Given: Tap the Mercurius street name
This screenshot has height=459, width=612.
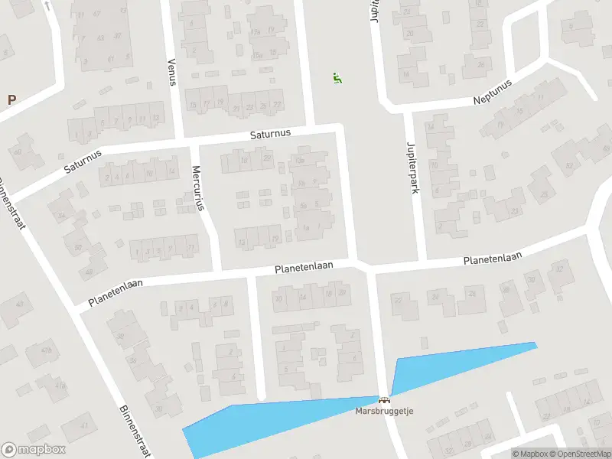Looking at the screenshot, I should tap(197, 187).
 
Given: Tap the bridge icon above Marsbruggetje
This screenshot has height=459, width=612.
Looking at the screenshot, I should tap(383, 399).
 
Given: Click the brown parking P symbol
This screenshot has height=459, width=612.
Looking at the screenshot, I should tap(11, 99).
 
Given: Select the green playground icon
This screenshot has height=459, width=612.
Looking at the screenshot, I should tap(337, 77).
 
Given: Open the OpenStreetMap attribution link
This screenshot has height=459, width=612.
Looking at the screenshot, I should tap(581, 454).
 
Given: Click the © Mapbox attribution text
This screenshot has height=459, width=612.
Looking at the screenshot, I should tap(530, 454).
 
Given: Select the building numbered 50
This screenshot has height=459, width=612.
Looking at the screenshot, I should tap(78, 246).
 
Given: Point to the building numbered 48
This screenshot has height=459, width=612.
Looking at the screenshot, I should tap(90, 271).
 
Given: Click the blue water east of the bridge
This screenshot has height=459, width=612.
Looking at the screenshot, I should tap(459, 363).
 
